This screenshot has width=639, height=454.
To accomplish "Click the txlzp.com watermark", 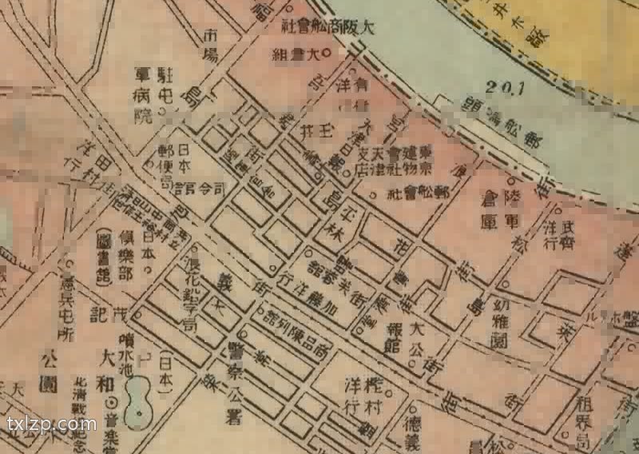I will tap(50, 424).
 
